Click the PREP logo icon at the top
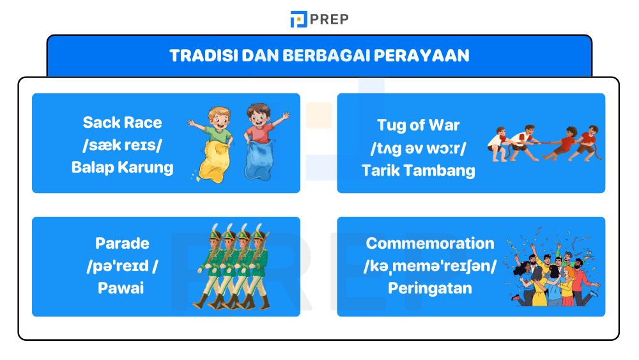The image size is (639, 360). pos(298,19)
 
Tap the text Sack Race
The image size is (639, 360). pos(122,123)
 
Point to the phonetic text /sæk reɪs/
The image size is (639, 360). pos(122,145)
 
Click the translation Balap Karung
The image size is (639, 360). pos(122,168)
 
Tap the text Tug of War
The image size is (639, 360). pos(418,125)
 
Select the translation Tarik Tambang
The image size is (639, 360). pos(418,170)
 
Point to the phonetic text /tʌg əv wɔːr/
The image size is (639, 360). pos(418,148)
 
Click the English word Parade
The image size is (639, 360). pos(122,244)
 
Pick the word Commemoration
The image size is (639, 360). pos(430,244)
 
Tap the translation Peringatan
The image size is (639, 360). pos(430,288)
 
